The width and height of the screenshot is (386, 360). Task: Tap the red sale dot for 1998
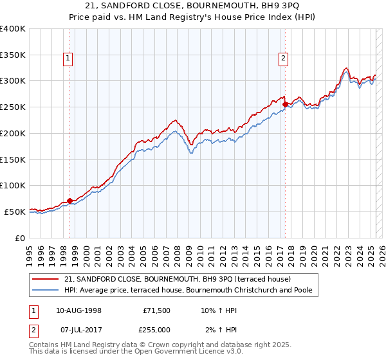pyautogui.click(x=70, y=201)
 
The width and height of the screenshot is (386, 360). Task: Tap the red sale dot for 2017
pyautogui.click(x=285, y=105)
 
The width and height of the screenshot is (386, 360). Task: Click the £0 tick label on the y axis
pyautogui.click(x=20, y=238)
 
